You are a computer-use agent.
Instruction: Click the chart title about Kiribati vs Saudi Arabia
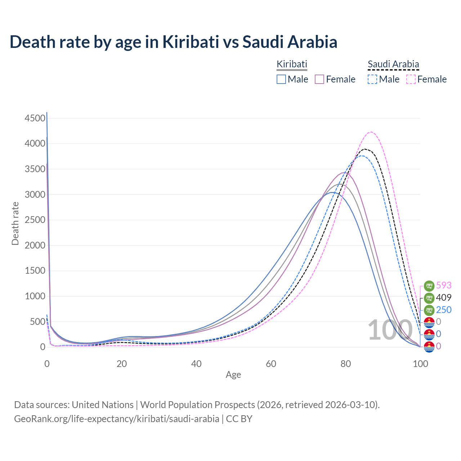tap(173, 42)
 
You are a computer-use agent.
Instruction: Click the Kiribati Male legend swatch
tap(281, 79)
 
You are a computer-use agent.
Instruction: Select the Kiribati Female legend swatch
tap(320, 79)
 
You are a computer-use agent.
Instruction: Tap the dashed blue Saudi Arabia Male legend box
tap(372, 79)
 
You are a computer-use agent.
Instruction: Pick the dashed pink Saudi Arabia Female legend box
tap(411, 79)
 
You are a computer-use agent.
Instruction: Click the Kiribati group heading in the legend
tap(292, 64)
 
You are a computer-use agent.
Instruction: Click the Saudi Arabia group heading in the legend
tap(393, 64)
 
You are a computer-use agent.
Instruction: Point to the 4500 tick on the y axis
tap(35, 118)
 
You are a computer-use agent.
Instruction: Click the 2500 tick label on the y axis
tap(35, 220)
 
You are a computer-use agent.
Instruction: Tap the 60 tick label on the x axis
tap(271, 364)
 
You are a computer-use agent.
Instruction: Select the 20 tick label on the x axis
tap(122, 364)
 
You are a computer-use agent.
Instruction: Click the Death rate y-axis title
tap(15, 223)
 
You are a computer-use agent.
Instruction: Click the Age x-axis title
tap(233, 375)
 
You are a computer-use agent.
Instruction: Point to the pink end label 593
tap(444, 285)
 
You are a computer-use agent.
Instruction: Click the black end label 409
tap(444, 297)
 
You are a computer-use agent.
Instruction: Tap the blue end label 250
tap(444, 310)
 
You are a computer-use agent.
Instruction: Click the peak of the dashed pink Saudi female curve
tap(371, 132)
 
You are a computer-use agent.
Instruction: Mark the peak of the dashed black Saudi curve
tap(365, 149)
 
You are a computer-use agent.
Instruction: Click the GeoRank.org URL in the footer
tap(117, 419)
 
